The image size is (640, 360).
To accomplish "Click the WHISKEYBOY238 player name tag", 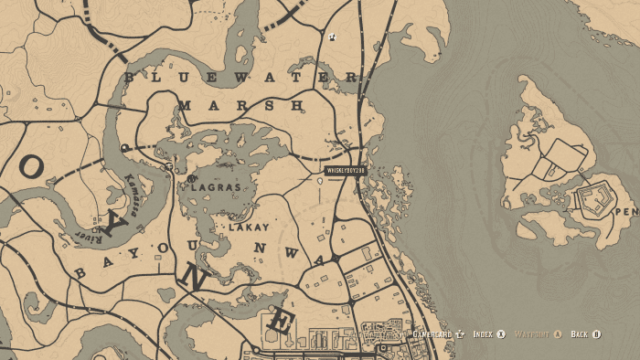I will pyautogui.click(x=345, y=170).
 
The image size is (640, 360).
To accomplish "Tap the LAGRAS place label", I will pyautogui.click(x=215, y=187).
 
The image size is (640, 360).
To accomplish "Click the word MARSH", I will pyautogui.click(x=240, y=106).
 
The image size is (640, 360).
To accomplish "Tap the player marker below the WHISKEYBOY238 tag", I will pyautogui.click(x=319, y=182).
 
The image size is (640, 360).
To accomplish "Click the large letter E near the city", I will pyautogui.click(x=282, y=322).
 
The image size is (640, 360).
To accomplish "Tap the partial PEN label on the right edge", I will pyautogui.click(x=626, y=212).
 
